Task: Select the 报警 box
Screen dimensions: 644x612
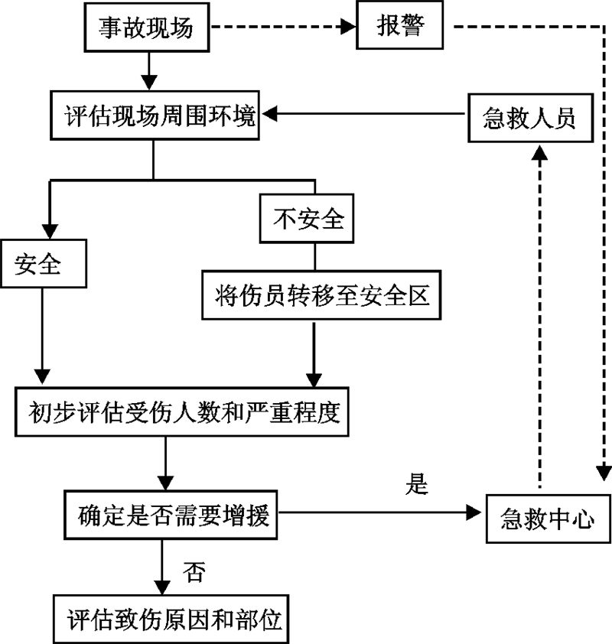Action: point(400,28)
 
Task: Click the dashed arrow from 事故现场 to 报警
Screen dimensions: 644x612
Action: point(283,28)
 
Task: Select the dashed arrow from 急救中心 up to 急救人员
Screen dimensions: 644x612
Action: point(540,321)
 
